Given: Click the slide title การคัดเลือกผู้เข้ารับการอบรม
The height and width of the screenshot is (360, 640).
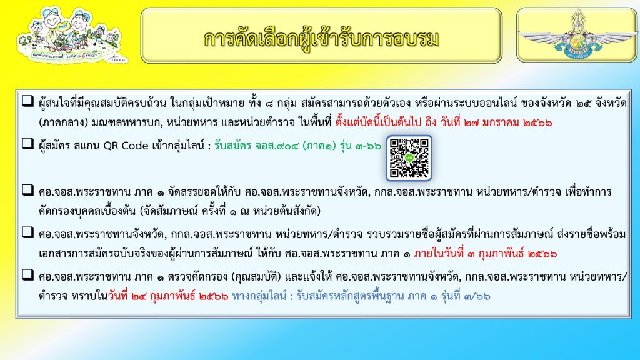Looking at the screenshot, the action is [321, 39].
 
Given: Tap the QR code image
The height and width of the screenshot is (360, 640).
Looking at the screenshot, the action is [409, 158].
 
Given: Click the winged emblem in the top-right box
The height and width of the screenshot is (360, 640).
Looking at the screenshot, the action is [577, 35].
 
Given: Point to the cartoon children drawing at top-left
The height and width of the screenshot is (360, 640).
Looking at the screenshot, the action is [72, 35].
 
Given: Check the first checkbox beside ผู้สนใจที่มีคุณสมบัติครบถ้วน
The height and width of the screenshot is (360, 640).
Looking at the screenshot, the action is [27, 101].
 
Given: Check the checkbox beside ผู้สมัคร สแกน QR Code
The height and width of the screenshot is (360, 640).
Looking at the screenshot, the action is [27, 143].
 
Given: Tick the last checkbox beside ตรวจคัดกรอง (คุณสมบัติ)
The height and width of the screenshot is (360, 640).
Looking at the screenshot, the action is [27, 274].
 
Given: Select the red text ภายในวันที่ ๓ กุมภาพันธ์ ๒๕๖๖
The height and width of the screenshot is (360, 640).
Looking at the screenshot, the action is [485, 254].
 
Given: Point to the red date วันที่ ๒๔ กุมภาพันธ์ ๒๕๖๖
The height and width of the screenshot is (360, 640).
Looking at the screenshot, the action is [168, 296].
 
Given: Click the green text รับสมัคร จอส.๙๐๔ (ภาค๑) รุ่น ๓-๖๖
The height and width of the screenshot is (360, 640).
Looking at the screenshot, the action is [297, 146].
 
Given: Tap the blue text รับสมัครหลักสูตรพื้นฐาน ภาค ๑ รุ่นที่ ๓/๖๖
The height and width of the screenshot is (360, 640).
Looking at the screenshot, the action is [394, 296].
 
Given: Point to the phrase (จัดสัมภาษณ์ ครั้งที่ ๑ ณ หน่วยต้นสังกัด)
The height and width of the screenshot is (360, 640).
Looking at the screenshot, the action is [230, 211].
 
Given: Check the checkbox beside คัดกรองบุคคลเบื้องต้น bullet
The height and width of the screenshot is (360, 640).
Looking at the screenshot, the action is [27, 189].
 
